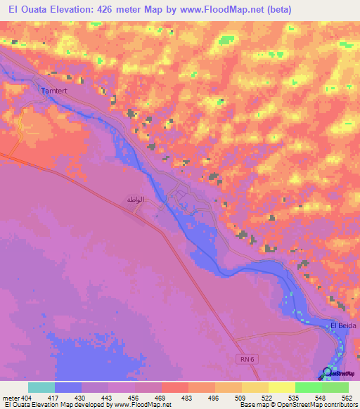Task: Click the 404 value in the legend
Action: click(x=27, y=397)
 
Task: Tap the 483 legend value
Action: click(x=186, y=397)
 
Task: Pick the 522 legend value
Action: click(x=266, y=397)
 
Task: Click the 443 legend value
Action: click(x=107, y=397)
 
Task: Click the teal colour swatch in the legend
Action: click(x=41, y=387)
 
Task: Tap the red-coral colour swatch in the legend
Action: click(x=174, y=387)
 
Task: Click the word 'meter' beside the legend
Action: click(x=11, y=397)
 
